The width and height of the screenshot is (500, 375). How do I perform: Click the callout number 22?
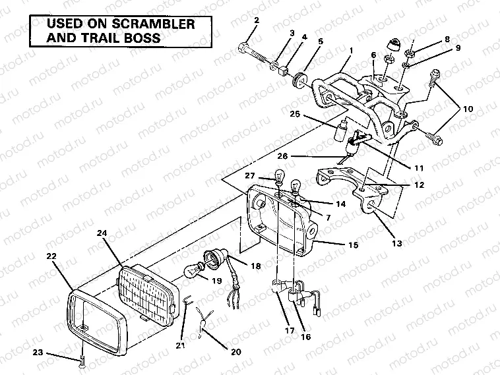coord(51,255)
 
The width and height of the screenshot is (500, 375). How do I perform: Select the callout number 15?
coord(354,245)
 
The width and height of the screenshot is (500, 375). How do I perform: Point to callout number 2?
coord(257,20)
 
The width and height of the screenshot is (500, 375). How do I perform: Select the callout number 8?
coord(447,39)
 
